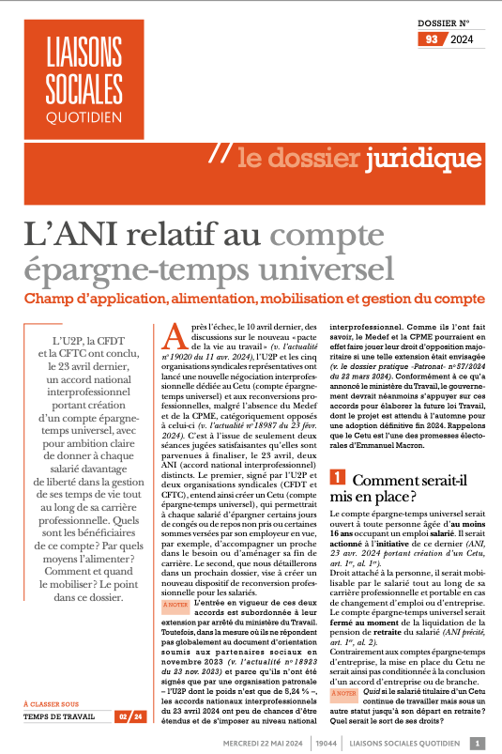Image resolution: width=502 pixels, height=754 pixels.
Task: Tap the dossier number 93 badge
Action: pyautogui.click(x=432, y=39)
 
